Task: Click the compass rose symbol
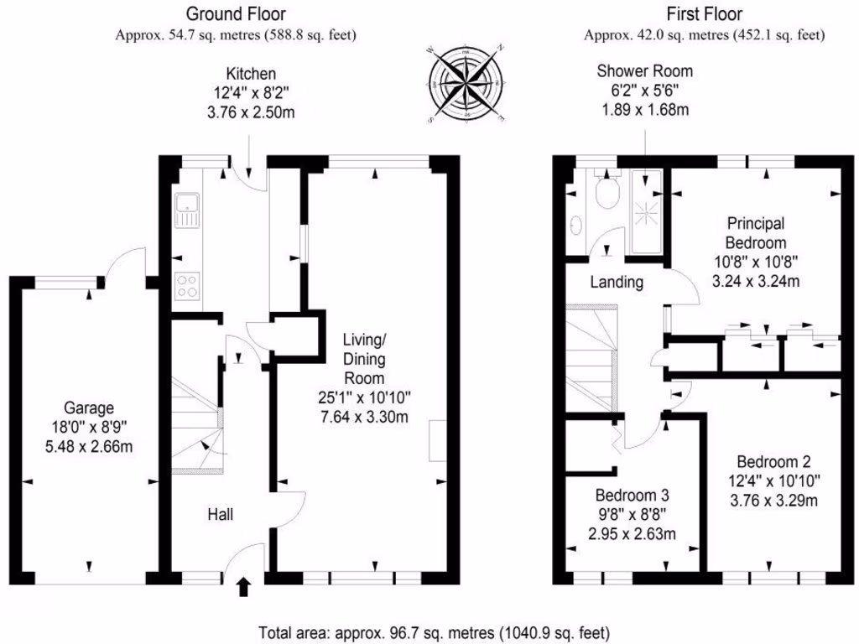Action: (466, 85)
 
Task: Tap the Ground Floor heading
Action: (236, 13)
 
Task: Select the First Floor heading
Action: (705, 13)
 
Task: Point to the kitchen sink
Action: (186, 210)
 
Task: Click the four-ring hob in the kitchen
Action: (186, 286)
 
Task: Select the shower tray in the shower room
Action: (647, 211)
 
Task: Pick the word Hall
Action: (221, 515)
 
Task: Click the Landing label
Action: (617, 283)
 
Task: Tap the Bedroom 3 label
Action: (633, 496)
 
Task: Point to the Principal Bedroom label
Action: (755, 232)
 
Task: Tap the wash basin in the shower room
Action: (575, 225)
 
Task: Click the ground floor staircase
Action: (197, 423)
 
